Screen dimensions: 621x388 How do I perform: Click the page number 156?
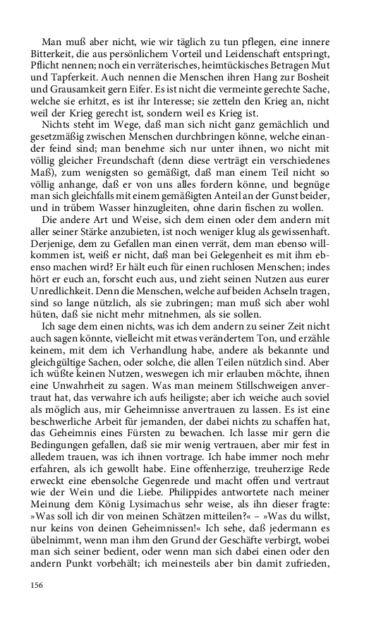tap(36, 584)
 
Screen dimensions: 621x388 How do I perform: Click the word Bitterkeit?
tap(52, 53)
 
